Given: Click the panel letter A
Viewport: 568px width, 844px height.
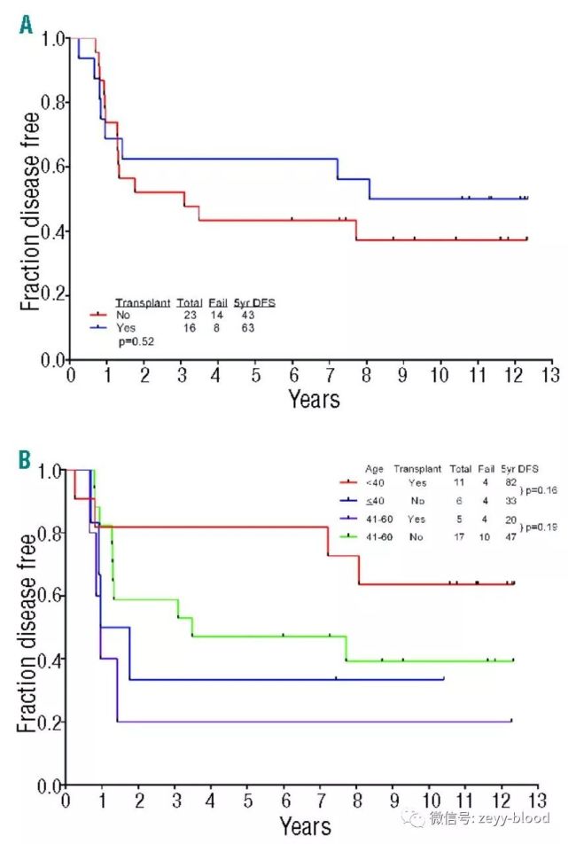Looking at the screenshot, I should tap(26, 27).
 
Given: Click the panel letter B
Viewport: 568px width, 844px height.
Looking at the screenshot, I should tap(26, 461).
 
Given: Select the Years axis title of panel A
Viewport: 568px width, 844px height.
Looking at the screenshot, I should tap(314, 399).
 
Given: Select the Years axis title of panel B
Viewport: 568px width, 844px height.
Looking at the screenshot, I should tap(306, 828).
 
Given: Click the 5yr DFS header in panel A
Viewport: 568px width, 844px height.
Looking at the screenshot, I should tap(254, 303).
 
